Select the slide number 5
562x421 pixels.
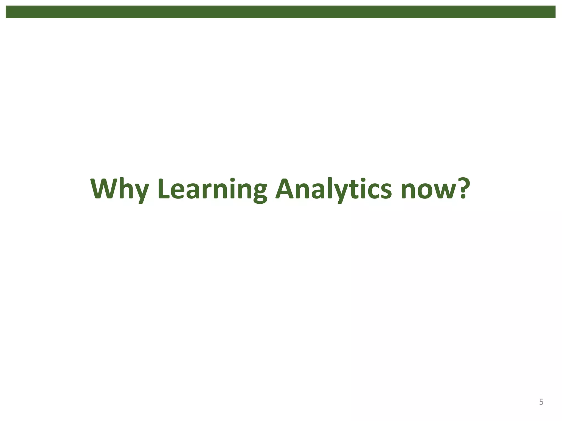[541, 402]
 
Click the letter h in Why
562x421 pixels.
[129, 189]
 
